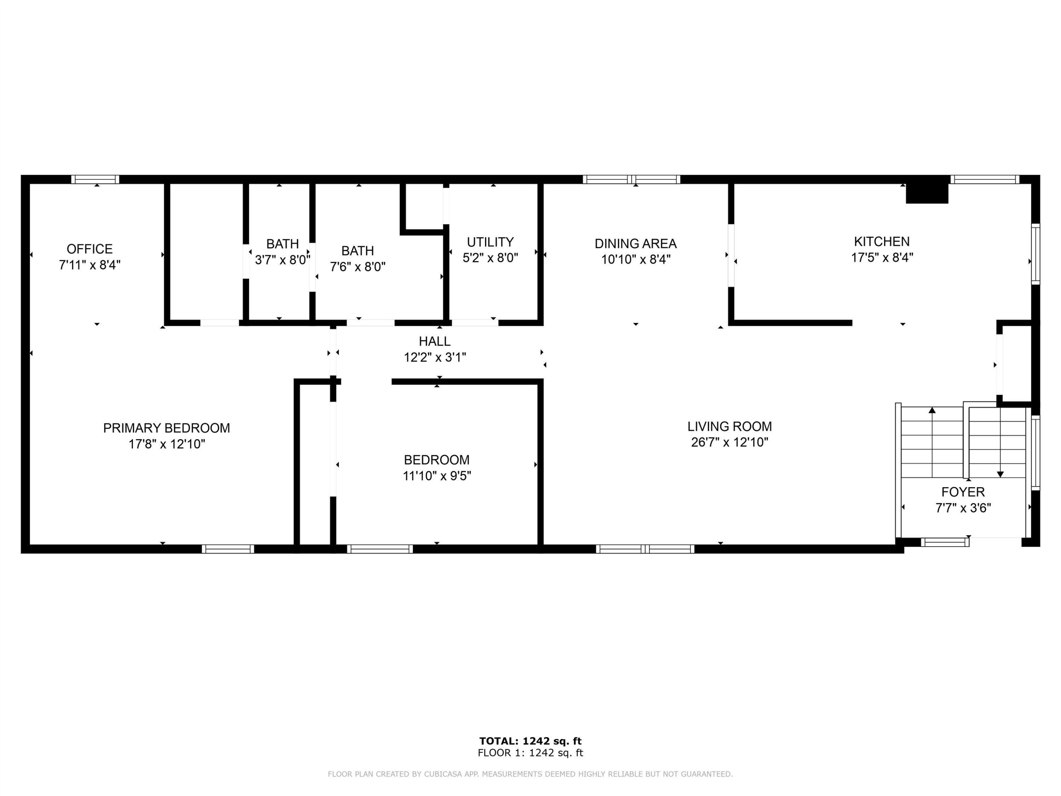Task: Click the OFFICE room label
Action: (90, 249)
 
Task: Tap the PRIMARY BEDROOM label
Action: (167, 428)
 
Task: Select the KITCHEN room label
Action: (882, 241)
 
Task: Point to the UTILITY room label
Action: (490, 242)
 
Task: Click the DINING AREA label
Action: (636, 244)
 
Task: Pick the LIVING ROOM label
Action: (730, 427)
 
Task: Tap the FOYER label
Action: (963, 492)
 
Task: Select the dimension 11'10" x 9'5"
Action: (437, 476)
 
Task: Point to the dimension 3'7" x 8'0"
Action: (283, 260)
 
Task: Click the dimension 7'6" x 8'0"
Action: (358, 267)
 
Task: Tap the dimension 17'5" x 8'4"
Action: (882, 258)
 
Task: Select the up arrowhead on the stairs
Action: (932, 410)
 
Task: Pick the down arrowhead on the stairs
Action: (1000, 474)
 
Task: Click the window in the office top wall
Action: (95, 179)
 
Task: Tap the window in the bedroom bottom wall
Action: (380, 549)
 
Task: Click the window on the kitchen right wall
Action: (1036, 254)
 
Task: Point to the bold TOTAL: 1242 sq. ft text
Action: (530, 741)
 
